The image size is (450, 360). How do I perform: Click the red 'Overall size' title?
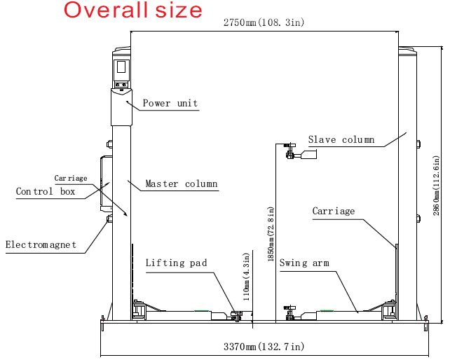pyautogui.click(x=133, y=11)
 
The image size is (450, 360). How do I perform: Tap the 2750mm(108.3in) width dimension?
pyautogui.click(x=264, y=22)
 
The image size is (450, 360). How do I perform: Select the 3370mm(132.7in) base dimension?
pyautogui.click(x=264, y=347)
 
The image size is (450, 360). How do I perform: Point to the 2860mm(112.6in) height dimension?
pyautogui.click(x=436, y=186)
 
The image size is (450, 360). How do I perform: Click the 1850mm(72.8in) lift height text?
pyautogui.click(x=271, y=234)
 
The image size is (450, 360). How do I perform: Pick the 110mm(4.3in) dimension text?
pyautogui.click(x=247, y=277)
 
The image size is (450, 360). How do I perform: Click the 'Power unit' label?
pyautogui.click(x=170, y=103)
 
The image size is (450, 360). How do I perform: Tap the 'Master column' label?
pyautogui.click(x=182, y=184)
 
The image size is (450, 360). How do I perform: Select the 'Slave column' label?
pyautogui.click(x=341, y=139)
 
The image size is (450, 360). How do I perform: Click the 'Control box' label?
pyautogui.click(x=46, y=191)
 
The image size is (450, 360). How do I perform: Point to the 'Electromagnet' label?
pyautogui.click(x=41, y=244)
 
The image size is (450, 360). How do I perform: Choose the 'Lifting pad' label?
pyautogui.click(x=176, y=263)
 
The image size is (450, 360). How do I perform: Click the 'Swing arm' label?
pyautogui.click(x=304, y=263)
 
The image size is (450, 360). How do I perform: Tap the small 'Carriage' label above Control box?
pyautogui.click(x=71, y=178)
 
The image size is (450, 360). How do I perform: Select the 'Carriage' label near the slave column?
pyautogui.click(x=334, y=211)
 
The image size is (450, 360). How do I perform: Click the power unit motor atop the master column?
pyautogui.click(x=121, y=107)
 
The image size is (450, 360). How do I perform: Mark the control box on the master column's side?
pyautogui.click(x=106, y=184)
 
